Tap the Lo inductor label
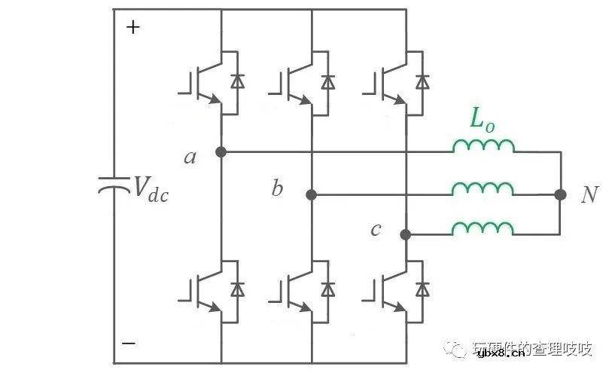(x=482, y=121)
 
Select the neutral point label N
(x=590, y=195)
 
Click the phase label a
(x=190, y=157)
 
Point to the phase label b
(x=277, y=188)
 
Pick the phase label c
(x=376, y=229)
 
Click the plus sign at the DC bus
(x=132, y=28)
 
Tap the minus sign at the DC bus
(x=129, y=342)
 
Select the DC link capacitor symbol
(x=114, y=185)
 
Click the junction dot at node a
(x=221, y=151)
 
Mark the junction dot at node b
(x=311, y=194)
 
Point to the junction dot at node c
(x=405, y=234)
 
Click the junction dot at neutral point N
(x=560, y=194)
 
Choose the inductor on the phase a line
(x=483, y=146)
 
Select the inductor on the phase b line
(x=483, y=188)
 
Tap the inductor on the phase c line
(x=483, y=228)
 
